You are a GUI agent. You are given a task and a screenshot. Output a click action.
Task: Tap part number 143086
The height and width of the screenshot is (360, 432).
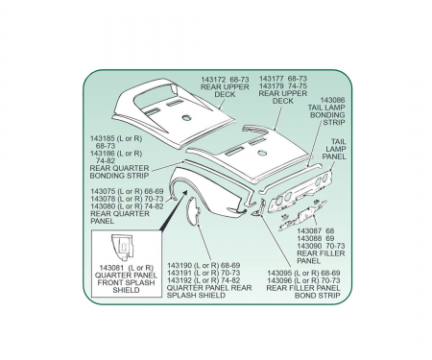coord(332,100)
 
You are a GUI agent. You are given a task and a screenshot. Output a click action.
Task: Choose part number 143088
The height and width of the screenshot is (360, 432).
coord(309,238)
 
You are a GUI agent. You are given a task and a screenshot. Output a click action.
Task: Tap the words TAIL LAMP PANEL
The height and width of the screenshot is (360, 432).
coord(334,149)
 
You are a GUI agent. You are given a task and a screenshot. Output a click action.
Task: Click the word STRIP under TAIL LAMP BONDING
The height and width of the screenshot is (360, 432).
coord(334,122)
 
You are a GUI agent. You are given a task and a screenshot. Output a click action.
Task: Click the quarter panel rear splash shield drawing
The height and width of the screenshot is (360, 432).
coord(193,211)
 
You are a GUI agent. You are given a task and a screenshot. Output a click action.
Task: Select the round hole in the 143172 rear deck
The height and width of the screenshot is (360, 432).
coord(186,118)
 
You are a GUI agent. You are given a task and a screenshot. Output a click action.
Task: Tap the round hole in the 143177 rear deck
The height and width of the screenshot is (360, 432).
coord(262,154)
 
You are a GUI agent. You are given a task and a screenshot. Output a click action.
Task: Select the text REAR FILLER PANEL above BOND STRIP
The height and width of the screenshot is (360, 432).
coord(303,288)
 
